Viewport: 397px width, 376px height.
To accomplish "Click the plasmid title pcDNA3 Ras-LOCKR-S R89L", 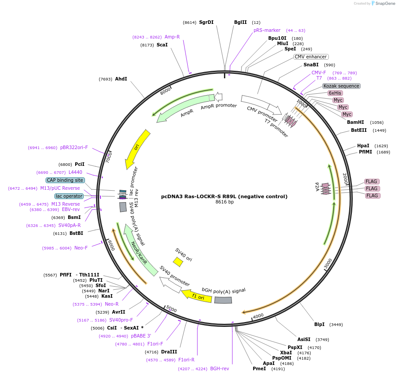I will [224, 196].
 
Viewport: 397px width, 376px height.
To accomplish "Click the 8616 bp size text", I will [224, 202].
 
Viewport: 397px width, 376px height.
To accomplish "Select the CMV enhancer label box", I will [311, 57].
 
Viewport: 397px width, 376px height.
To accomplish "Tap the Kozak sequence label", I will [341, 86].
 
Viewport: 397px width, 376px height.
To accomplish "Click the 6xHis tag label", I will [335, 93].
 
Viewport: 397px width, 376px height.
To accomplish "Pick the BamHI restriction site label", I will [355, 123].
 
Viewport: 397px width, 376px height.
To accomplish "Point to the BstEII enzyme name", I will [359, 130].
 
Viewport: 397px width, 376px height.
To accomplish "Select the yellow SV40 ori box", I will [178, 262].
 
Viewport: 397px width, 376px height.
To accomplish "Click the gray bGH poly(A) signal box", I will [223, 300].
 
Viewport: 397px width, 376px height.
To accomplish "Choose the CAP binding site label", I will [65, 180].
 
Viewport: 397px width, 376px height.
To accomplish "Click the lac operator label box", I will [69, 196].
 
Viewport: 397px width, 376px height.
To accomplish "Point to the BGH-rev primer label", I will [220, 368].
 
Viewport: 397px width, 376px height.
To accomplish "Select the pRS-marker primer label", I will [267, 31].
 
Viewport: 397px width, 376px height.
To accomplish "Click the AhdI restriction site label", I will [121, 79].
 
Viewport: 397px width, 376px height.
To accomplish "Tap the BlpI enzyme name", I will [319, 325].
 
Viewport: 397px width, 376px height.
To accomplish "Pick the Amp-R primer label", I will [172, 37].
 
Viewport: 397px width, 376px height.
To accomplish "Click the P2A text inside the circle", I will [317, 186].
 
